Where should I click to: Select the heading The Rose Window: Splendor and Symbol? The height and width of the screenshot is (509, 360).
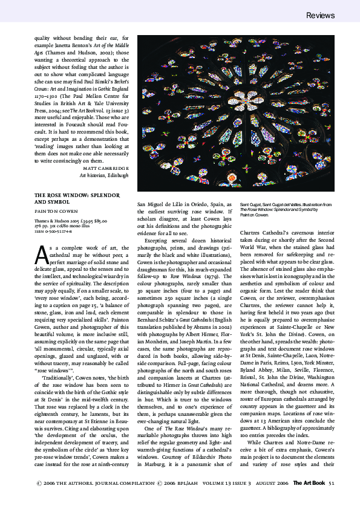[75, 199]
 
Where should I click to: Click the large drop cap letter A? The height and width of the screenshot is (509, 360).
[41, 254]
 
